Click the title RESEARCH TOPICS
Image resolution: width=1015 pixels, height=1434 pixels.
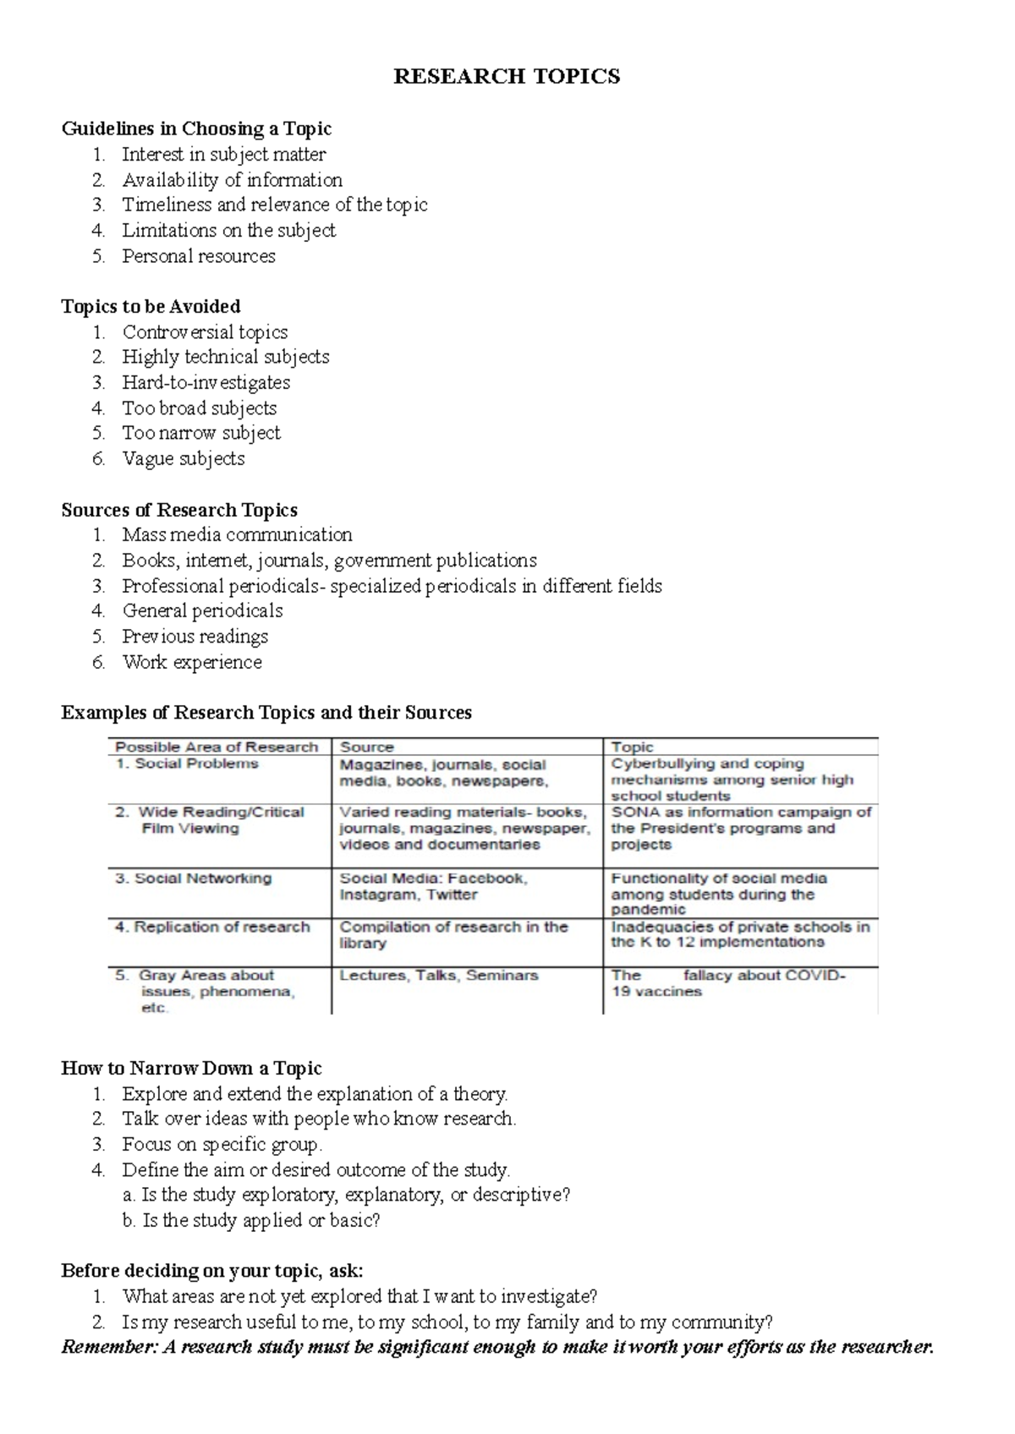click(x=507, y=77)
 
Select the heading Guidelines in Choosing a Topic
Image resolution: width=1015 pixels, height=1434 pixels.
click(x=196, y=129)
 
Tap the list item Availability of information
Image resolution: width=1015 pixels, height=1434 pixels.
click(x=232, y=180)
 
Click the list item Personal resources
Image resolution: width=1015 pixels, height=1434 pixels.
click(x=199, y=256)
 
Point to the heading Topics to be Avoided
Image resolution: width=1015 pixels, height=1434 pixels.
click(x=151, y=306)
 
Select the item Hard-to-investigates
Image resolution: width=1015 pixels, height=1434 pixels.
click(x=206, y=382)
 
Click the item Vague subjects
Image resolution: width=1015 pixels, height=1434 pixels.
click(x=184, y=458)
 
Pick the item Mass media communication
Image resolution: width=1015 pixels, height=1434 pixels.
click(x=237, y=534)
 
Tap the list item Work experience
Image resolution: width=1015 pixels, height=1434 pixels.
click(x=192, y=662)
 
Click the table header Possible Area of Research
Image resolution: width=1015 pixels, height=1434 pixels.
click(x=217, y=747)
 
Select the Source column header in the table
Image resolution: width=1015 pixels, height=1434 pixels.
click(x=367, y=747)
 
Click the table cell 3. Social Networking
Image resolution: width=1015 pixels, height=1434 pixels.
click(x=194, y=878)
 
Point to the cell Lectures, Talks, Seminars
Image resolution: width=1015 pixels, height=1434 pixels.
click(x=439, y=975)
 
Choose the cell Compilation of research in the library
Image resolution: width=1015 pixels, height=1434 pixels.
click(x=453, y=934)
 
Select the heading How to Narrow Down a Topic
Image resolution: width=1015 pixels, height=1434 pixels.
click(x=191, y=1068)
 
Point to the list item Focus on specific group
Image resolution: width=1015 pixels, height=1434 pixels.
click(x=222, y=1145)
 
